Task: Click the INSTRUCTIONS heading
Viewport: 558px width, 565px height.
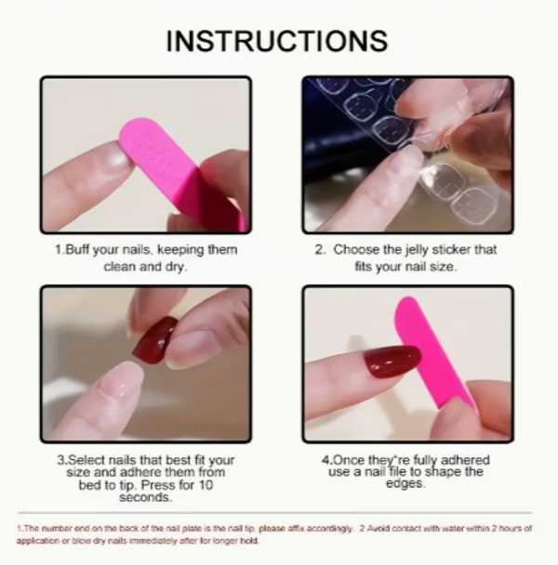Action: (x=277, y=41)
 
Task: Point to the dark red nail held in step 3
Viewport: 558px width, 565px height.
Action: (x=155, y=340)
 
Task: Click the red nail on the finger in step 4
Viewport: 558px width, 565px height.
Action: (x=392, y=361)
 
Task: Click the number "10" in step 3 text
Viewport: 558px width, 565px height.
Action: (x=206, y=485)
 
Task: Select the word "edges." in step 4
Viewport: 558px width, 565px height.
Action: (x=405, y=483)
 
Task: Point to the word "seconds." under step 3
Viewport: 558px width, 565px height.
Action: (x=146, y=497)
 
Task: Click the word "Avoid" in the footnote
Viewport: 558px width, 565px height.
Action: (x=378, y=528)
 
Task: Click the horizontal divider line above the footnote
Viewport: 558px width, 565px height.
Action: (x=274, y=512)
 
